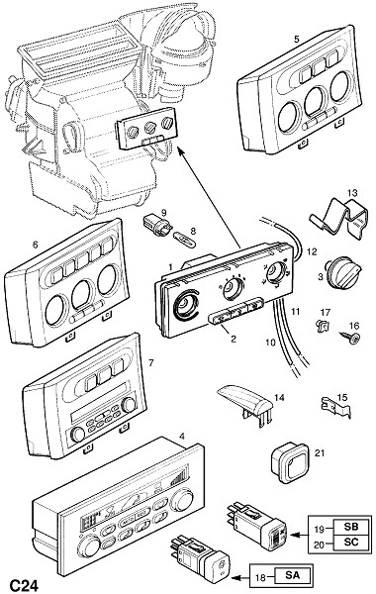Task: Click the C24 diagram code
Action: pyautogui.click(x=24, y=585)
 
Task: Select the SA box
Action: pyautogui.click(x=292, y=576)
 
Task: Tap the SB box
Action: pyautogui.click(x=351, y=527)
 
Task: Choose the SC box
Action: pyautogui.click(x=351, y=543)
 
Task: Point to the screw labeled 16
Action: pyautogui.click(x=352, y=339)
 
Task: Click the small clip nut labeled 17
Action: pyautogui.click(x=322, y=326)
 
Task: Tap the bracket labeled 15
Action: pyautogui.click(x=335, y=406)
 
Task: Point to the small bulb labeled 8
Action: pyautogui.click(x=184, y=240)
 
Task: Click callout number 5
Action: pyautogui.click(x=297, y=39)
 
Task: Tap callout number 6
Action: pyautogui.click(x=36, y=245)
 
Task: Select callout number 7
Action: pyautogui.click(x=151, y=363)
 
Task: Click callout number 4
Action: pyautogui.click(x=182, y=437)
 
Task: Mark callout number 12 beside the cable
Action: pyautogui.click(x=312, y=251)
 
